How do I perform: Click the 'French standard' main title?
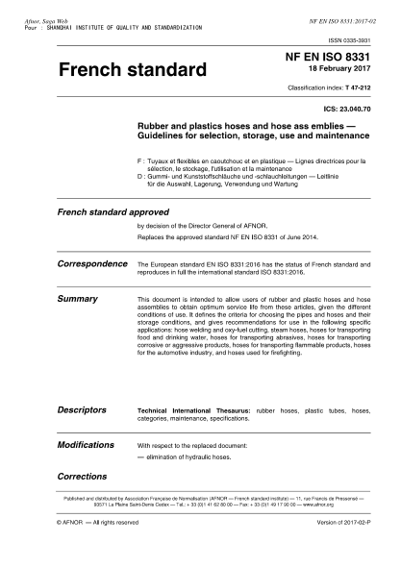133,71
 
